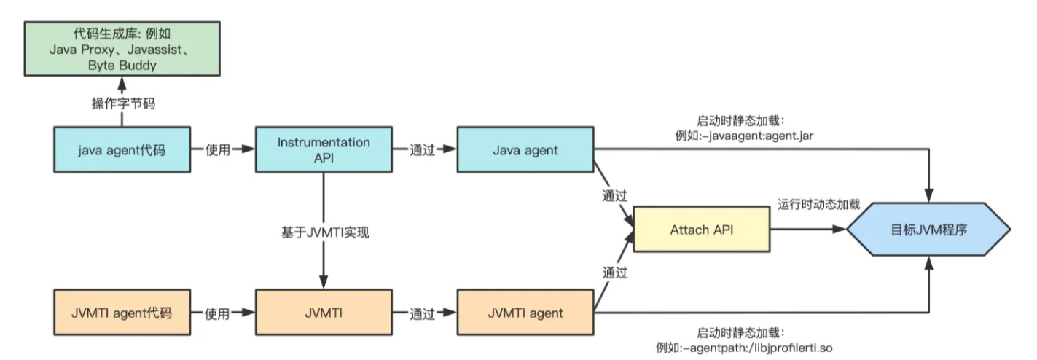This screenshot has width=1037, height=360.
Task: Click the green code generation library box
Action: [122, 49]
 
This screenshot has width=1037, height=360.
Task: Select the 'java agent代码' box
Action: [122, 149]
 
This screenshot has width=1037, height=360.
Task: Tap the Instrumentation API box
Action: [324, 149]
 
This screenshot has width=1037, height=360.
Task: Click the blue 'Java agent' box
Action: [525, 149]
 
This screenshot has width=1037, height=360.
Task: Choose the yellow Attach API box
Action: [702, 229]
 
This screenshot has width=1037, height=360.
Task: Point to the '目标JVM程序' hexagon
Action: [928, 229]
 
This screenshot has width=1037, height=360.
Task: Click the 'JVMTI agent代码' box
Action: [122, 313]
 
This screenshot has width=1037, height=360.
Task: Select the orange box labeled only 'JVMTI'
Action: [324, 313]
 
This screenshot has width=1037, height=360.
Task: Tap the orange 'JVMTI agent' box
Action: [525, 313]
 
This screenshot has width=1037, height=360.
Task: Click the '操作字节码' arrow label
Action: [123, 103]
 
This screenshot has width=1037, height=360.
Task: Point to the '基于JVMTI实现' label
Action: [325, 232]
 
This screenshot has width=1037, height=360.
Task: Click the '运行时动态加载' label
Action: [818, 204]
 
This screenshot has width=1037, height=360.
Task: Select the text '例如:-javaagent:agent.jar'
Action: [744, 136]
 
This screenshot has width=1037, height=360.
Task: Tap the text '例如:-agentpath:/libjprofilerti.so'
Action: [744, 348]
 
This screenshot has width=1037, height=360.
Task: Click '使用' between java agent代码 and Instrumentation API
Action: [218, 149]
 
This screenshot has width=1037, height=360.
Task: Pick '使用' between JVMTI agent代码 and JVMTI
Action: [218, 314]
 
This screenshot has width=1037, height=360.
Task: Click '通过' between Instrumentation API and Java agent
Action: [422, 149]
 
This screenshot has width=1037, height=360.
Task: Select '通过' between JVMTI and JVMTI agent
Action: [422, 314]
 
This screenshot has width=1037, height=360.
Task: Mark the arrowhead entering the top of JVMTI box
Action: [324, 282]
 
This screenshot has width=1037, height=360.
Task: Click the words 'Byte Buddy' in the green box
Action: [122, 66]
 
